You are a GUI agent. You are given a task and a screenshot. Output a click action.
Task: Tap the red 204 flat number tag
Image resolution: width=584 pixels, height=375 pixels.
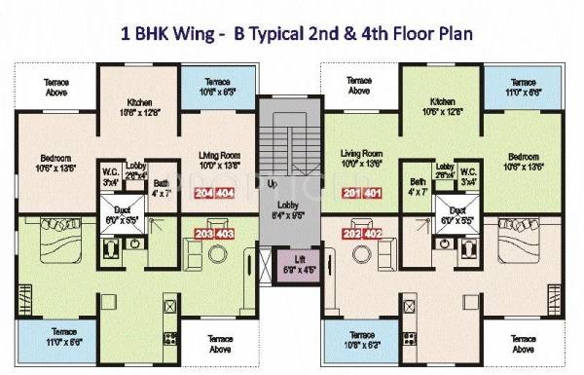coord(205,194)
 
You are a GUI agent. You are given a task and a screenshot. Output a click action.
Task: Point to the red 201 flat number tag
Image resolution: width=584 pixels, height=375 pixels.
coord(351,194)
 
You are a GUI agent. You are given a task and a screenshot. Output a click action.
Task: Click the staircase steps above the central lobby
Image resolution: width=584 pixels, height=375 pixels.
coord(289,136)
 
